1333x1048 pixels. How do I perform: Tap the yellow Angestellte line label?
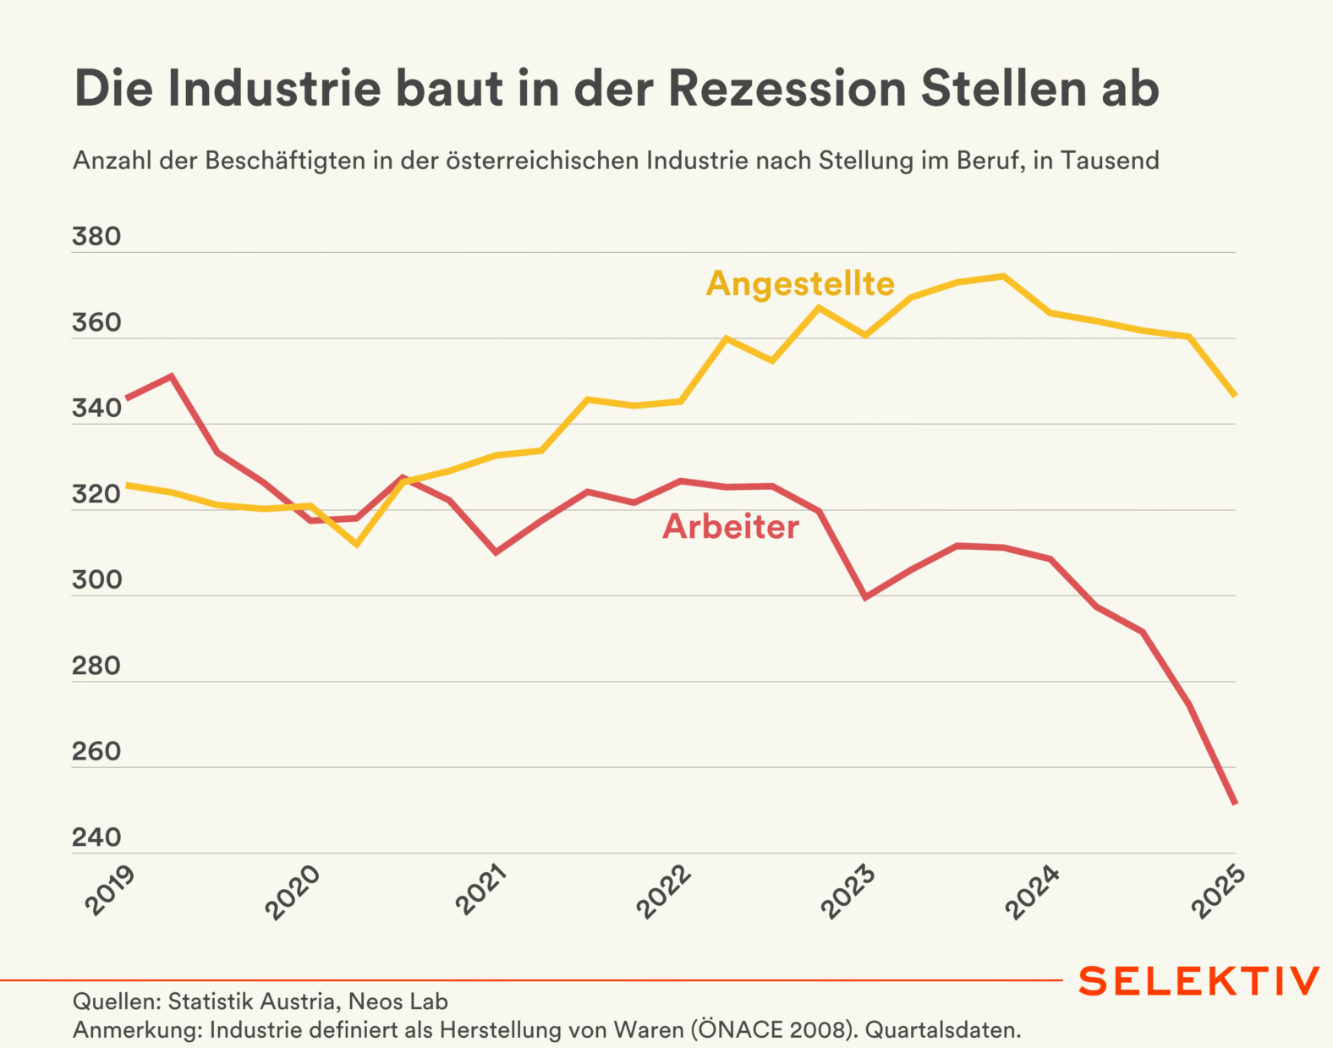click(x=800, y=283)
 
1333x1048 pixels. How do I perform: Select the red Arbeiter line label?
click(x=730, y=526)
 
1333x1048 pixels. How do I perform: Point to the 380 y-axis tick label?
click(x=96, y=237)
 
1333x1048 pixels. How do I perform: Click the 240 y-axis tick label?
click(x=96, y=837)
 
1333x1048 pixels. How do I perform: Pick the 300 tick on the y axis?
click(x=96, y=580)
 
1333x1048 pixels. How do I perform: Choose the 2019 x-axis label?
click(x=111, y=891)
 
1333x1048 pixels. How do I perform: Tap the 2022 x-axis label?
click(x=665, y=892)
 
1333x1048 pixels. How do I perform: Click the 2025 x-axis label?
click(x=1219, y=892)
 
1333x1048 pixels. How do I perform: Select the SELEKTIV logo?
click(x=1199, y=981)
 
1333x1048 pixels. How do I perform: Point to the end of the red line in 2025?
click(x=1235, y=803)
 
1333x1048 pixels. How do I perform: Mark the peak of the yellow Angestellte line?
click(x=1003, y=276)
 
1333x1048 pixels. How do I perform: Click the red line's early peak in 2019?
click(x=172, y=376)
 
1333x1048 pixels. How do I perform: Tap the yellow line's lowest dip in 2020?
click(x=357, y=544)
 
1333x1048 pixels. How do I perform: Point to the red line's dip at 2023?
click(x=865, y=597)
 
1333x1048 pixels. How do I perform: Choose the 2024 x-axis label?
click(x=1034, y=892)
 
